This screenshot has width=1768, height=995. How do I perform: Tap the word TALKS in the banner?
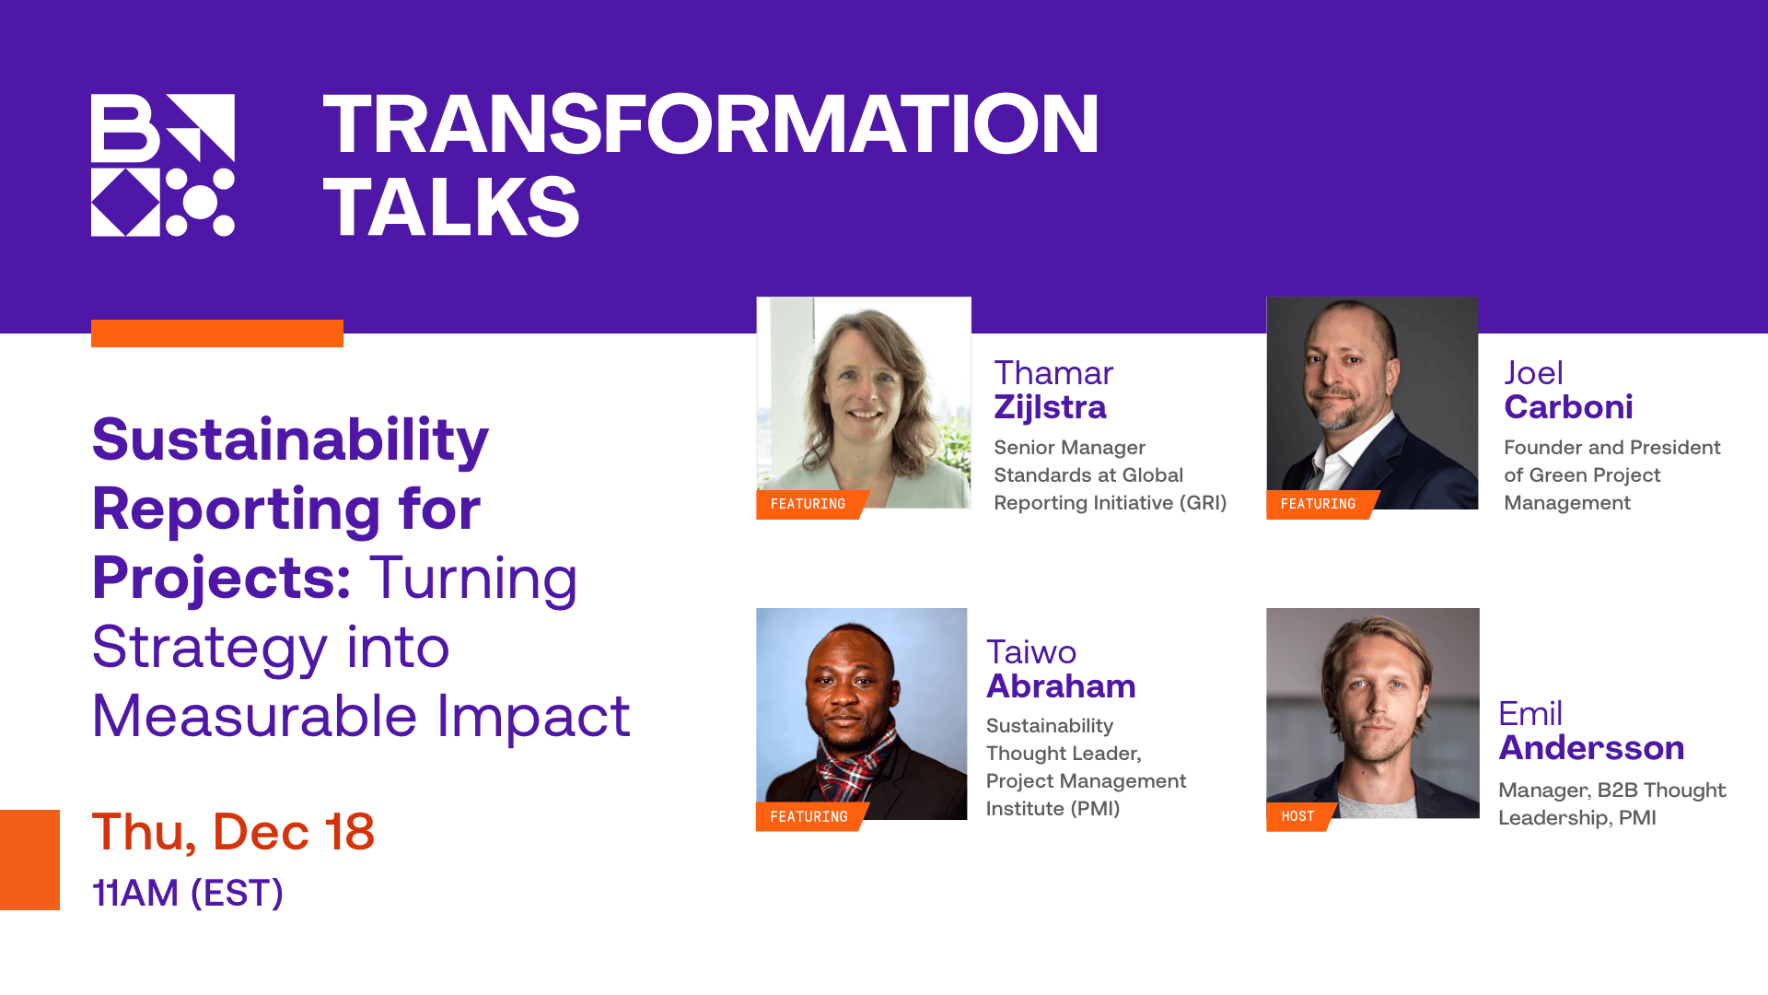click(x=451, y=207)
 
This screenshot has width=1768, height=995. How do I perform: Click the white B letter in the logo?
click(x=124, y=127)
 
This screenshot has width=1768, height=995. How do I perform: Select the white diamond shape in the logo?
click(x=125, y=202)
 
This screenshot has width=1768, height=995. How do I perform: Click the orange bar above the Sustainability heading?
click(x=216, y=334)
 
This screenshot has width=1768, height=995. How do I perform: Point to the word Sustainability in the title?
click(x=290, y=439)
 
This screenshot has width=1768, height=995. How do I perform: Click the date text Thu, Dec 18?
click(x=233, y=832)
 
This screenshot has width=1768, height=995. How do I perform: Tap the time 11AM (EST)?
click(x=188, y=893)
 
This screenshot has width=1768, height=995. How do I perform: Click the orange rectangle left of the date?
click(x=29, y=860)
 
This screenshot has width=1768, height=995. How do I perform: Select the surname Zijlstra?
click(x=1050, y=407)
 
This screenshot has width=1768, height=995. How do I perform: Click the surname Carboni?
click(x=1568, y=407)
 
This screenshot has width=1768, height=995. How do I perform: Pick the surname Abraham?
click(x=1061, y=686)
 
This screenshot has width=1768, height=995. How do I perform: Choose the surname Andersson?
click(x=1591, y=748)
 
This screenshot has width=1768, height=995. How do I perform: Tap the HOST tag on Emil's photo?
click(x=1297, y=816)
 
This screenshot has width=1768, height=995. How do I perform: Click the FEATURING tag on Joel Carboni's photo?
click(x=1318, y=504)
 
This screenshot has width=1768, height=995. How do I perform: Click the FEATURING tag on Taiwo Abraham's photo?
click(x=808, y=816)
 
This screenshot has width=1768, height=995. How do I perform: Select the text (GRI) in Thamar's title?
click(x=1203, y=503)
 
